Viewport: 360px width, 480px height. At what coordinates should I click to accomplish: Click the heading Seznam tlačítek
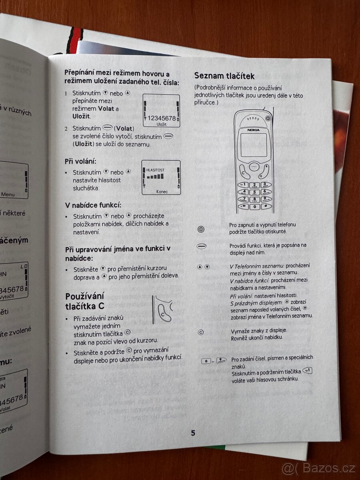click(x=224, y=76)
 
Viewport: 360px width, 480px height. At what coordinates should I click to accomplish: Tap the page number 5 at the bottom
click(x=193, y=433)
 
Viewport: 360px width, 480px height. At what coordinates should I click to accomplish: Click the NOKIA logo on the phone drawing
click(x=253, y=129)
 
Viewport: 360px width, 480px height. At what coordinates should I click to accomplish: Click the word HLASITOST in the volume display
click(x=156, y=170)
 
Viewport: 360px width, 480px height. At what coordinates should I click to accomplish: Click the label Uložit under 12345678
click(x=162, y=124)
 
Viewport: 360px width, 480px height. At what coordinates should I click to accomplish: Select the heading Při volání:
click(x=80, y=162)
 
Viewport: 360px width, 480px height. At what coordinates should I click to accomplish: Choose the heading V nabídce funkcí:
click(x=93, y=205)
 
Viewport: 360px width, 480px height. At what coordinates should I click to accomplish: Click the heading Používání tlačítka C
click(x=84, y=301)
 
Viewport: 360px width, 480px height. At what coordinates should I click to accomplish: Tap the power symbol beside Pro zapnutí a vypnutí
click(x=201, y=229)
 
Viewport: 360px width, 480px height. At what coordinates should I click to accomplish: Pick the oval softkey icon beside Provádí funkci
click(x=201, y=246)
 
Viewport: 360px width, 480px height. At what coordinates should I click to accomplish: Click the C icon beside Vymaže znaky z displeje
click(x=201, y=332)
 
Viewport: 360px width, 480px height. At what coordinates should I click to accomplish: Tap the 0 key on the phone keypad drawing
click(x=254, y=207)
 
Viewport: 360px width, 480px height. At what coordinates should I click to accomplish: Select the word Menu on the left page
click(x=8, y=195)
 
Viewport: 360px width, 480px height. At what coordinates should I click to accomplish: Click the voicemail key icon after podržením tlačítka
click(x=308, y=371)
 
